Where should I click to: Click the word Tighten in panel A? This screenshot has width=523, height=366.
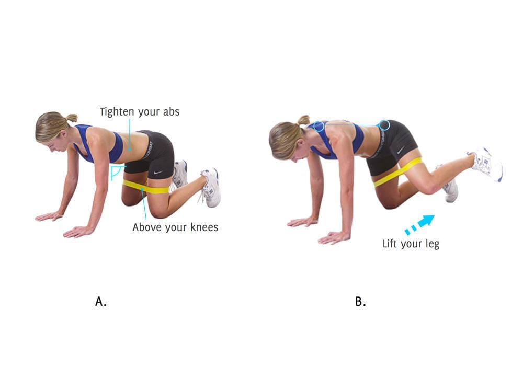tap(117, 112)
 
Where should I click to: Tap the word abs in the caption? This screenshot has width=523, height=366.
tap(171, 111)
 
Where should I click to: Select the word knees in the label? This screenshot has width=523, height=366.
tap(204, 227)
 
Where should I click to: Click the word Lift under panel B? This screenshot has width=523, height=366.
tap(390, 243)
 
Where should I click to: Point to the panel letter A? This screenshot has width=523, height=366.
tap(101, 301)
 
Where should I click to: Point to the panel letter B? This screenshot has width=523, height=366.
tap(360, 301)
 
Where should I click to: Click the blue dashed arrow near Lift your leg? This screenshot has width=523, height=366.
tap(419, 224)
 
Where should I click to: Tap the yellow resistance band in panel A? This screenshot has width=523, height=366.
tap(146, 187)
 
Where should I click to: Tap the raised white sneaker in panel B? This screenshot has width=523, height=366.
tap(486, 164)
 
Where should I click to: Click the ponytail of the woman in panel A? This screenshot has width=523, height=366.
tap(71, 118)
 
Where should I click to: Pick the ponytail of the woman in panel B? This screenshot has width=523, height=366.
tap(303, 120)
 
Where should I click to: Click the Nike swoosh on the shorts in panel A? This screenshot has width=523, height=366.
tap(158, 173)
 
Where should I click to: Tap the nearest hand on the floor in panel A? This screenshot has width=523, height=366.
tap(79, 231)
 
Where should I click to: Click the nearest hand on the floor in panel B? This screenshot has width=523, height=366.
tap(334, 238)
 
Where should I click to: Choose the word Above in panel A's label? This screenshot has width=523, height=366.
tap(143, 227)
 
